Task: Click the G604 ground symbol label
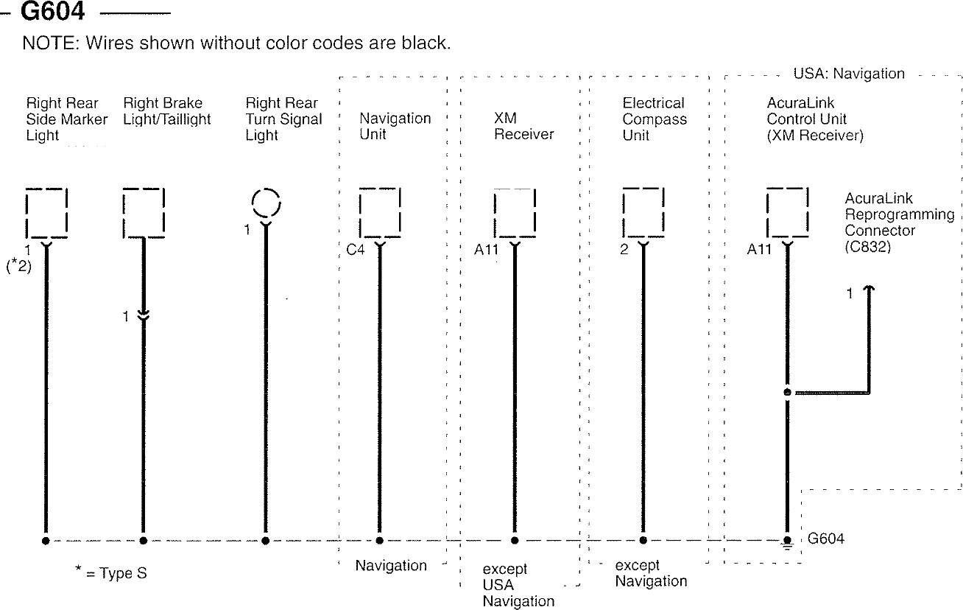pyautogui.click(x=825, y=539)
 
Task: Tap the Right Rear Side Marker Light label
pyautogui.click(x=66, y=119)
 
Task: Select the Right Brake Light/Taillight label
pyautogui.click(x=167, y=111)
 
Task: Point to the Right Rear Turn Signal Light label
pyautogui.click(x=283, y=119)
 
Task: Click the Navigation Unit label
pyautogui.click(x=395, y=127)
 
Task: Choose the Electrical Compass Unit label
pyautogui.click(x=654, y=119)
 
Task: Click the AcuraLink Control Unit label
pyautogui.click(x=814, y=119)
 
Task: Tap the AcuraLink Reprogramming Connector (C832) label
pyautogui.click(x=899, y=222)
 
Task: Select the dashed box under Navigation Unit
pyautogui.click(x=380, y=212)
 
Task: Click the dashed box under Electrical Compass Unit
pyautogui.click(x=643, y=212)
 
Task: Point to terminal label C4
pyautogui.click(x=356, y=250)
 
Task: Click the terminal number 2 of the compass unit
pyautogui.click(x=624, y=250)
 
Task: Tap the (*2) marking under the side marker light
pyautogui.click(x=18, y=267)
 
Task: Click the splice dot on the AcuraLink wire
pyautogui.click(x=787, y=393)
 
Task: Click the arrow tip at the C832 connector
pyautogui.click(x=869, y=290)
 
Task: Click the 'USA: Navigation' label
pyautogui.click(x=848, y=74)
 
